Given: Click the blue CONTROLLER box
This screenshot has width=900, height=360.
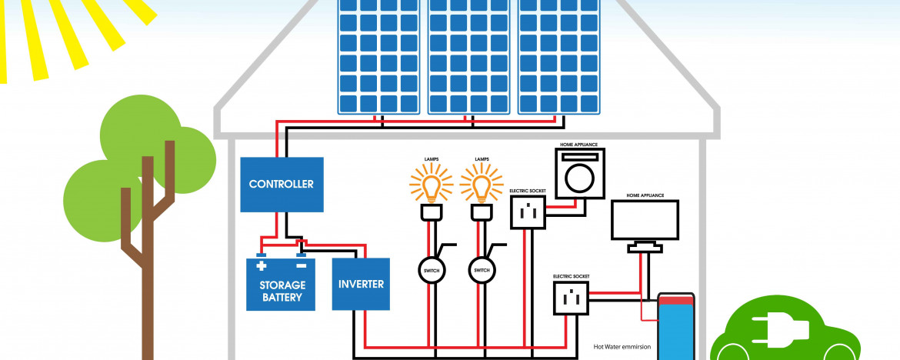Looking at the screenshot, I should point(281,185).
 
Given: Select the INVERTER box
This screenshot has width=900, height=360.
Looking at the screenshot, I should point(361,284).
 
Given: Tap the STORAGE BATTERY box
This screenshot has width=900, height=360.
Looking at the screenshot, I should point(281,285).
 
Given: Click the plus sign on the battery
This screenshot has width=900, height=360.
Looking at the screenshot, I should point(261,266).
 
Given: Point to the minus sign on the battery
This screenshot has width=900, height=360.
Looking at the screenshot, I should point(301,266).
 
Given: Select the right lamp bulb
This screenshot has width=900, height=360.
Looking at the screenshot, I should point(482,186).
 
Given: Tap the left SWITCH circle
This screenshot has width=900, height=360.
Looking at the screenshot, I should point(432,270).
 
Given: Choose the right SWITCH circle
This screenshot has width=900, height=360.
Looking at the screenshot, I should point(482,270).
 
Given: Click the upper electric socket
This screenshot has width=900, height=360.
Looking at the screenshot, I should point(527,212).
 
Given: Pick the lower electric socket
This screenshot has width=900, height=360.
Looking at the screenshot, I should point(570,298).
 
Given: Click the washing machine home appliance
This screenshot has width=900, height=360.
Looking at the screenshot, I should point(580,173).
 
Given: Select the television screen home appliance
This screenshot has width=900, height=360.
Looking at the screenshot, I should point(645,221).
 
